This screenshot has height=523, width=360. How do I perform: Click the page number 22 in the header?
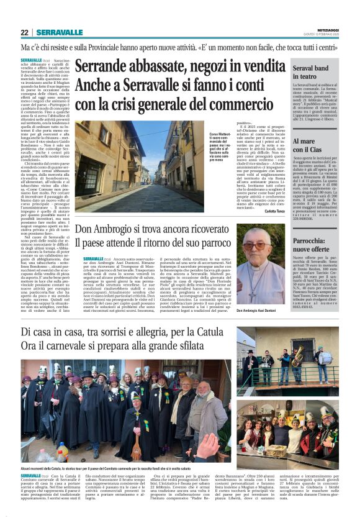click(24, 32)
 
